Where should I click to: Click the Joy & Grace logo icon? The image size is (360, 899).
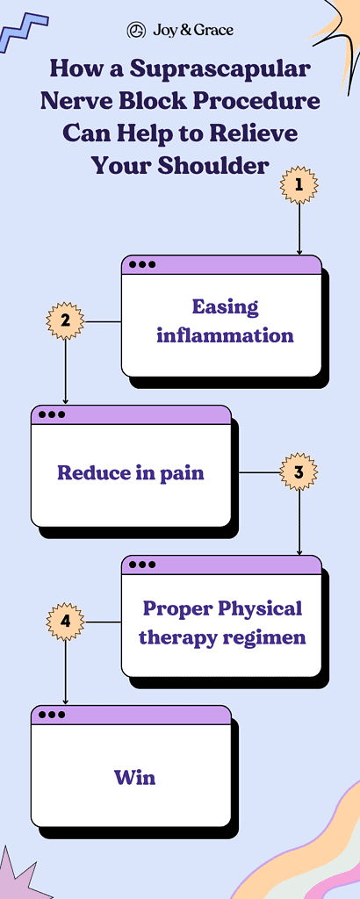click(x=136, y=30)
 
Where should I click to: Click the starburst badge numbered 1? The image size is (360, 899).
click(x=299, y=185)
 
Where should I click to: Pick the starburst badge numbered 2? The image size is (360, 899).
click(x=65, y=321)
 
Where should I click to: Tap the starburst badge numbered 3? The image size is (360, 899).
click(x=299, y=471)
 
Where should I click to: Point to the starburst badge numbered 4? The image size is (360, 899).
click(x=65, y=622)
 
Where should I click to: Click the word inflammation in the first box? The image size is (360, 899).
click(x=225, y=335)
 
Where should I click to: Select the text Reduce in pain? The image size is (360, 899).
click(x=130, y=473)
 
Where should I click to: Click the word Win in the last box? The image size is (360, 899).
click(x=134, y=777)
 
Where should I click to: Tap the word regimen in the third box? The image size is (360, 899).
click(x=263, y=637)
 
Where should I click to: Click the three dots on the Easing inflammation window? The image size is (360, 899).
click(x=141, y=263)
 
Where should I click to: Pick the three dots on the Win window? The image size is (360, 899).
click(x=51, y=715)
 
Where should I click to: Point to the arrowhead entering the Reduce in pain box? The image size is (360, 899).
click(x=66, y=400)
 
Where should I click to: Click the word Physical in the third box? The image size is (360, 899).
click(x=259, y=608)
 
